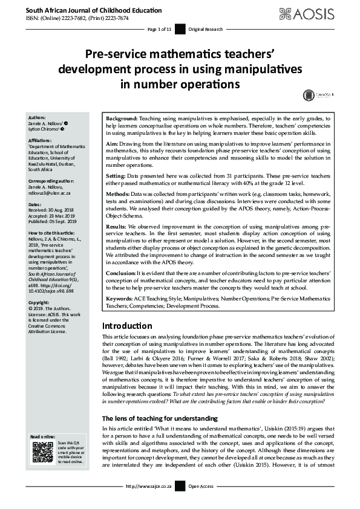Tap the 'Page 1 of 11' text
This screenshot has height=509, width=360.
point(160,29)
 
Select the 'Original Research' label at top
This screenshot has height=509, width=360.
point(206,29)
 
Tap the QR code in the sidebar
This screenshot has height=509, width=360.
point(42,453)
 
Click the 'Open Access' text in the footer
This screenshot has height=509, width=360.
point(201,486)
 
